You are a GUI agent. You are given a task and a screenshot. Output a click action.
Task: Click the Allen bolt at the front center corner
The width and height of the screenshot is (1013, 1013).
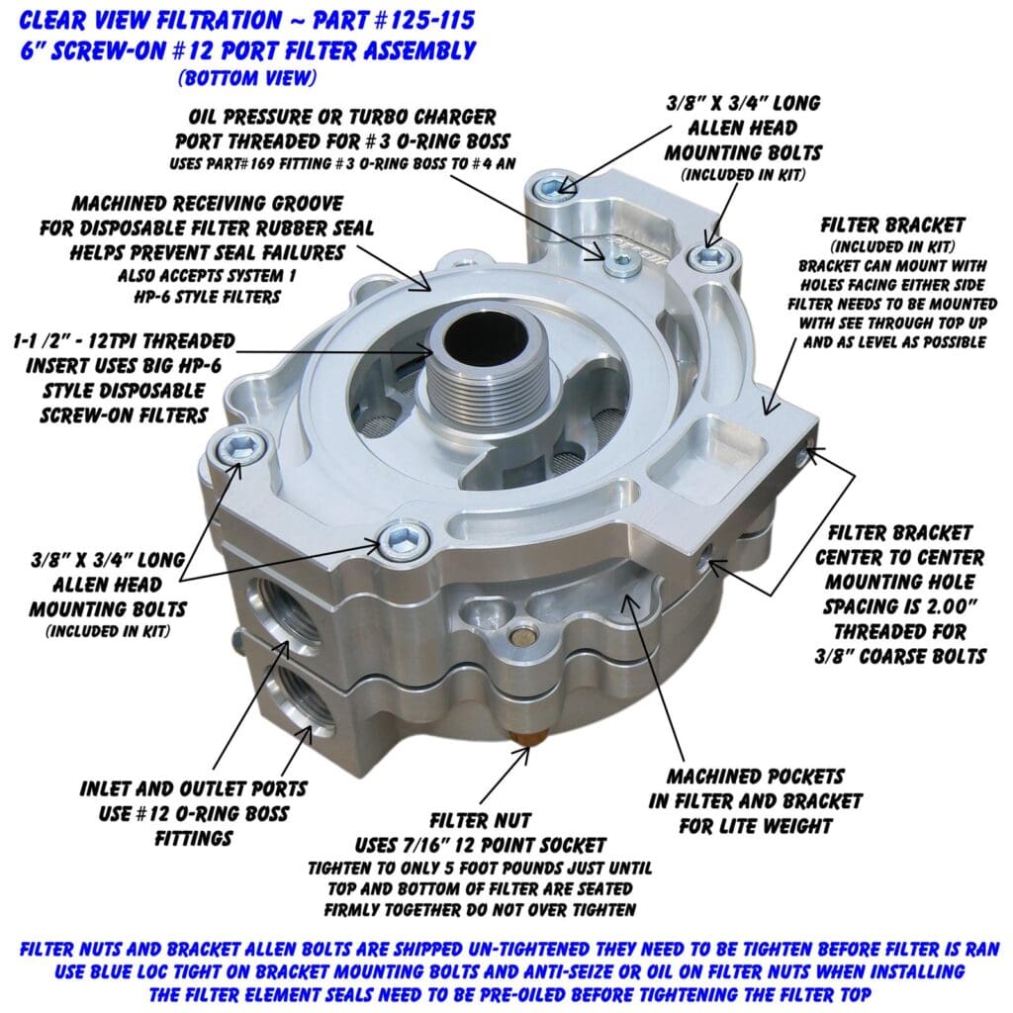(x=401, y=539)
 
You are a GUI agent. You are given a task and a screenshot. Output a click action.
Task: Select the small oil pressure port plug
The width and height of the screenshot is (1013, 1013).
(x=620, y=260)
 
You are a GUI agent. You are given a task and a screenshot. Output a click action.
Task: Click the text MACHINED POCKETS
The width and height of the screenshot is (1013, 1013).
(x=754, y=777)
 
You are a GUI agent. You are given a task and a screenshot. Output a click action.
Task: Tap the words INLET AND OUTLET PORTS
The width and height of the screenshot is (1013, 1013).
(x=194, y=789)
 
